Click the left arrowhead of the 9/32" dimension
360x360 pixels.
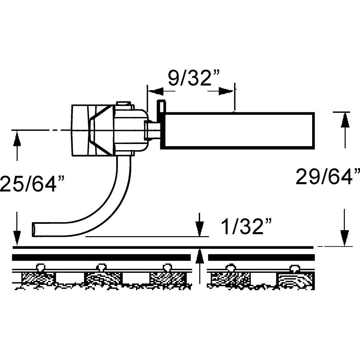[154, 91]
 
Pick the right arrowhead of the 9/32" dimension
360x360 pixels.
[226, 91]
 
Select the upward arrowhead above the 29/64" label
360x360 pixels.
[345, 120]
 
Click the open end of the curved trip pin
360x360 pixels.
[34, 229]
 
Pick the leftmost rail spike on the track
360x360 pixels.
[40, 267]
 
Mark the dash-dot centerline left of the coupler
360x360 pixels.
[40, 130]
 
